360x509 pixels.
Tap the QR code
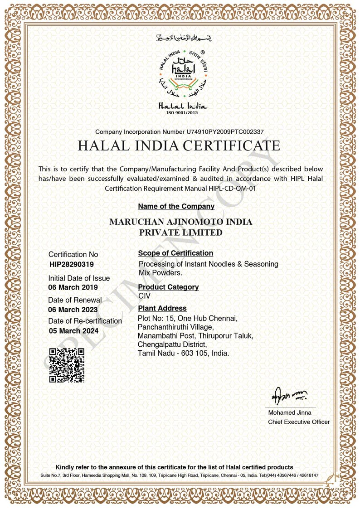pyautogui.click(x=67, y=365)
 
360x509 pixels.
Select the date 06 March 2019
pyautogui.click(x=73, y=287)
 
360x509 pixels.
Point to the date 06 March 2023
pyautogui.click(x=73, y=310)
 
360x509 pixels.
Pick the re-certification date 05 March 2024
pyautogui.click(x=73, y=331)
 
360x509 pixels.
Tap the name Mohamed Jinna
pyautogui.click(x=290, y=413)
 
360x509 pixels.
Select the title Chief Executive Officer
pyautogui.click(x=299, y=422)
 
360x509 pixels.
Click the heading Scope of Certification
pyautogui.click(x=175, y=253)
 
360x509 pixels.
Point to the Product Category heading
pyautogui.click(x=168, y=287)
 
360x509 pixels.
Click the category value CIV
pyautogui.click(x=145, y=296)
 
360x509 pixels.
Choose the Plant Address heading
pyautogui.click(x=162, y=309)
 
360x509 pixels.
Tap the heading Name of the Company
pyautogui.click(x=176, y=206)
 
